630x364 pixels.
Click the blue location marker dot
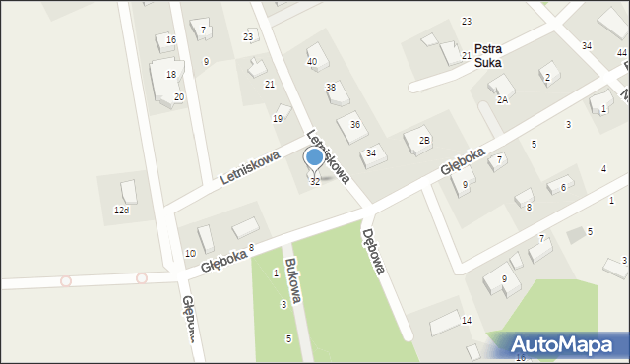[x=314, y=156]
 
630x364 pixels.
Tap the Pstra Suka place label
[x=487, y=55]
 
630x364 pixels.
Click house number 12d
[x=121, y=211]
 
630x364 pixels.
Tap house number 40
[x=312, y=62]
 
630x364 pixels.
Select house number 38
[x=332, y=88]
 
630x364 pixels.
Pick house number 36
[x=355, y=124]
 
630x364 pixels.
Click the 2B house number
[x=424, y=141]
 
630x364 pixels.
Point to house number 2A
[x=502, y=100]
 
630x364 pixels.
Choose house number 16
[x=171, y=39]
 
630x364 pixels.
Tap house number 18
[x=171, y=75]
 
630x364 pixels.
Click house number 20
[x=179, y=96]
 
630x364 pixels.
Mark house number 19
[x=278, y=118]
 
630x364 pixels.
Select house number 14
[x=467, y=321]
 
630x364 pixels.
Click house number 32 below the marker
[x=315, y=182]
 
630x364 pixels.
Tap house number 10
[x=190, y=253]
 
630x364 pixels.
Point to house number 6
[x=563, y=187]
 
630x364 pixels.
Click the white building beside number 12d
[x=128, y=191]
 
